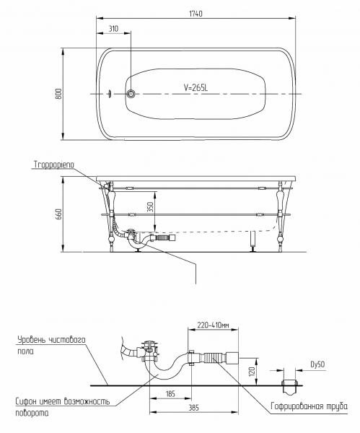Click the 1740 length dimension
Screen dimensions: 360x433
click(x=196, y=14)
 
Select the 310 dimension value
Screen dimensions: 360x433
click(x=113, y=29)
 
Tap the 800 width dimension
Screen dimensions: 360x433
click(x=58, y=94)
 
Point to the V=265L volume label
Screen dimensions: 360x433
click(x=196, y=87)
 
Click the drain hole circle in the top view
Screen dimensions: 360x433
click(x=131, y=94)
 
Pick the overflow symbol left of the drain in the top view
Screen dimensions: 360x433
click(x=110, y=94)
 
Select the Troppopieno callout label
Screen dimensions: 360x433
click(x=54, y=165)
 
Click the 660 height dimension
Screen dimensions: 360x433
click(x=58, y=214)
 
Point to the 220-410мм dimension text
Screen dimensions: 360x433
click(x=213, y=325)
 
